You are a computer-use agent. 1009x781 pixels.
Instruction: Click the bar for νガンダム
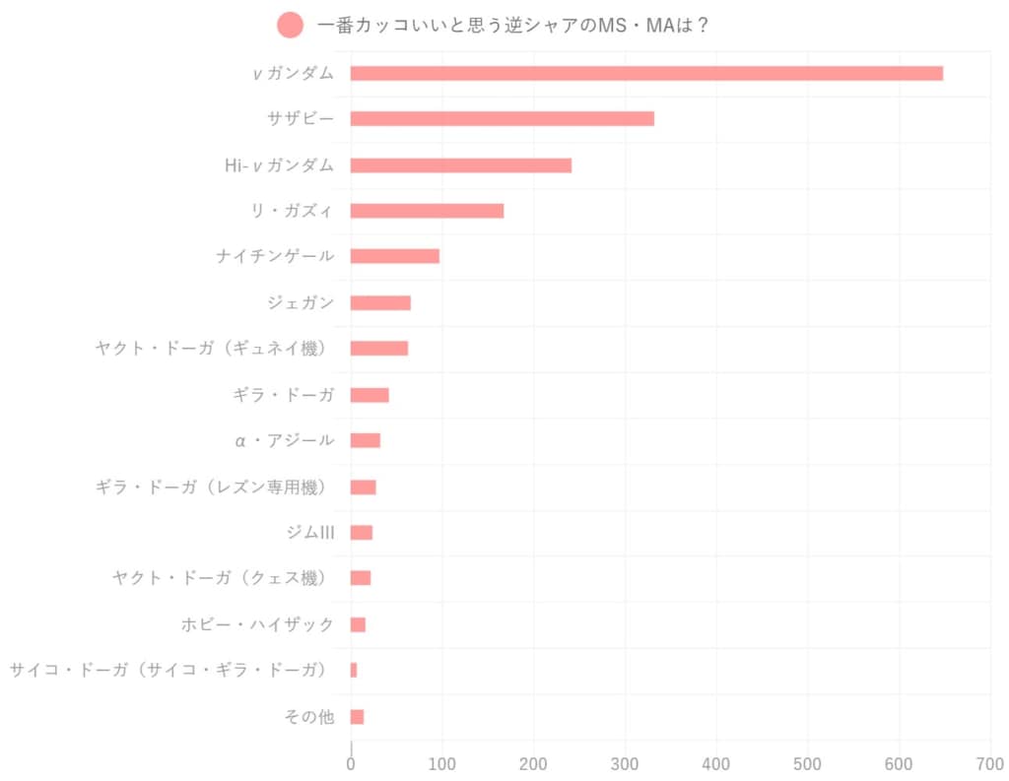point(646,73)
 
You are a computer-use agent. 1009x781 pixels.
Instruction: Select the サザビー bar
point(502,118)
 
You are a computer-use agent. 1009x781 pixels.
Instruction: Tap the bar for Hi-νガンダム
point(460,164)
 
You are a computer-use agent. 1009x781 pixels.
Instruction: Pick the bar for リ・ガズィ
point(427,211)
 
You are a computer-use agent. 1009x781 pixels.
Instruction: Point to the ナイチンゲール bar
point(394,256)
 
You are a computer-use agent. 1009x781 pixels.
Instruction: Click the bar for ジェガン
point(380,302)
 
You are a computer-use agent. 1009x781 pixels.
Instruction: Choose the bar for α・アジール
point(365,440)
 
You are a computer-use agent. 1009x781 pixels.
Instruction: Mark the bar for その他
point(357,716)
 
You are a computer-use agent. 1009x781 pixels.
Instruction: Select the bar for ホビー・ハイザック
point(358,624)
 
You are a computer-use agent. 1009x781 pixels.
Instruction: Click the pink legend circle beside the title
point(291,26)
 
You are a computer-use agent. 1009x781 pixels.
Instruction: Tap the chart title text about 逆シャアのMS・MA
point(513,26)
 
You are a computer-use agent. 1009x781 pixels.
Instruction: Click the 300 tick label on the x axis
point(625,763)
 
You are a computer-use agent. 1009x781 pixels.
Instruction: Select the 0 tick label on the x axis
point(351,763)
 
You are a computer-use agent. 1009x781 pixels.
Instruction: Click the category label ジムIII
point(309,533)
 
